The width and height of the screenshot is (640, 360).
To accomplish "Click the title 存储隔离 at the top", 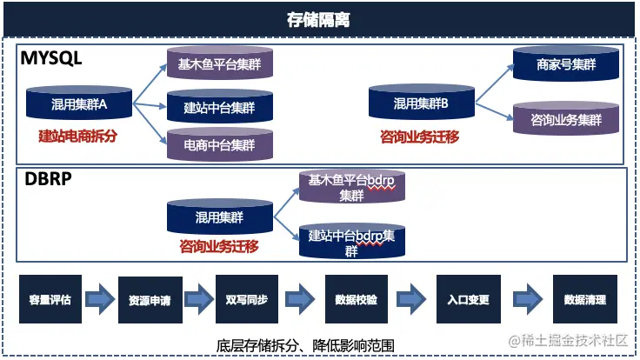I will (x=319, y=18).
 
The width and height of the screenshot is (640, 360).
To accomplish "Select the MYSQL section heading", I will (x=51, y=59).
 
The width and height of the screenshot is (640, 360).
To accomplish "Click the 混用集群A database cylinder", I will (x=78, y=104).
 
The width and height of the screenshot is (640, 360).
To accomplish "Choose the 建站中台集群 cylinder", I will (x=219, y=107).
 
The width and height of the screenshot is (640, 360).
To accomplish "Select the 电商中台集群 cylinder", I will (x=219, y=143).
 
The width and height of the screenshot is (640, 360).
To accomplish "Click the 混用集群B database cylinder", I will (x=420, y=103).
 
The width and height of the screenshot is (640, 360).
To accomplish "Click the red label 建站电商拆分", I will (x=77, y=136).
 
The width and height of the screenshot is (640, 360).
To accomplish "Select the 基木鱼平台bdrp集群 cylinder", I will (x=352, y=186).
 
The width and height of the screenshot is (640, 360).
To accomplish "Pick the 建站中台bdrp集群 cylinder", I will (x=350, y=241).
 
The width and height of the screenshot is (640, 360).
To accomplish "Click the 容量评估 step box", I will (x=50, y=300).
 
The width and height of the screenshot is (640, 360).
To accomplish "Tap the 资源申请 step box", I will (x=149, y=301).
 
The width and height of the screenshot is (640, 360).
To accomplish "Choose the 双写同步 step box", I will (x=247, y=300).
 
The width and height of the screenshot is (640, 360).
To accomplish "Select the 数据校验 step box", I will (x=356, y=300).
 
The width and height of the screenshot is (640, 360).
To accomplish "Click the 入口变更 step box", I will (x=468, y=300).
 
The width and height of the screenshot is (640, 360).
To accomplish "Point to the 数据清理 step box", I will (x=584, y=300).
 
